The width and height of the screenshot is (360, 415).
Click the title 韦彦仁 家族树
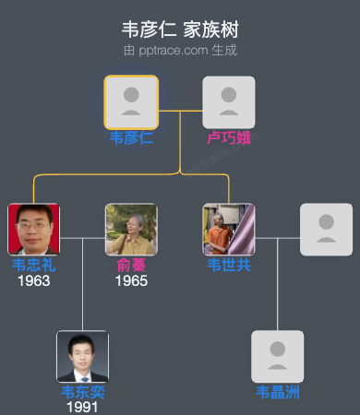pyautogui.click(x=179, y=29)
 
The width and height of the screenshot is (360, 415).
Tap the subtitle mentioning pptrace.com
pyautogui.click(x=179, y=49)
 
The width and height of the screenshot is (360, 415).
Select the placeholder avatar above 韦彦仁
pyautogui.click(x=131, y=101)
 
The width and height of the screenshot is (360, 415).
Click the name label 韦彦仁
pyautogui.click(x=131, y=138)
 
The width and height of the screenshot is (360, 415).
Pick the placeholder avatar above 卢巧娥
pyautogui.click(x=229, y=101)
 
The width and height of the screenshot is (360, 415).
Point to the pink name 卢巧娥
pyautogui.click(x=229, y=138)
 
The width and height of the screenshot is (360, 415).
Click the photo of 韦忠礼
pyautogui.click(x=33, y=229)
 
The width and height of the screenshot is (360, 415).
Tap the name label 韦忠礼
pyautogui.click(x=33, y=266)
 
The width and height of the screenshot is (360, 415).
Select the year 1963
pyautogui.click(x=33, y=280)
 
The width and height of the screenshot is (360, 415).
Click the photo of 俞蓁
pyautogui.click(x=131, y=229)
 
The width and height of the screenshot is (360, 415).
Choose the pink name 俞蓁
pyautogui.click(x=131, y=266)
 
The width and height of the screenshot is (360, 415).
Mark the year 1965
pyautogui.click(x=131, y=280)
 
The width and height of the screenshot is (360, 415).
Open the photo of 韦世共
pyautogui.click(x=229, y=229)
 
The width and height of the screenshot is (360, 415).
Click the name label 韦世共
pyautogui.click(x=229, y=266)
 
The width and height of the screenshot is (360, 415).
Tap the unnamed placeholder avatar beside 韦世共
pyautogui.click(x=326, y=229)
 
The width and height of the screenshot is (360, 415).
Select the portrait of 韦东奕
pyautogui.click(x=82, y=356)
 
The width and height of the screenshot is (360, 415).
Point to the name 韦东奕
pyautogui.click(x=82, y=393)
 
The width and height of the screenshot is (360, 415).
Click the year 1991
pyautogui.click(x=82, y=407)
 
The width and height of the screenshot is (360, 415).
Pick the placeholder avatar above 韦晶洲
pyautogui.click(x=278, y=356)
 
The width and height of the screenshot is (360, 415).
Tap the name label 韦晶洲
pyautogui.click(x=278, y=394)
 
